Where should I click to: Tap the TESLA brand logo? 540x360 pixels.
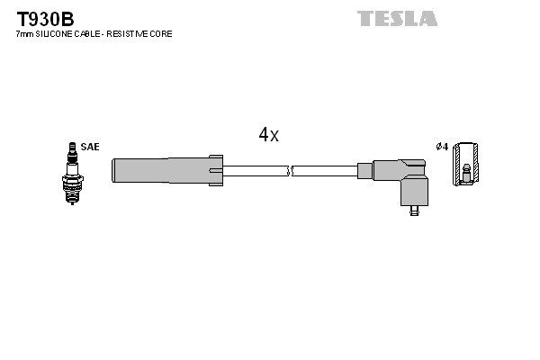(397, 18)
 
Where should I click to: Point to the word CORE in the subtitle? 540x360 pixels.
(160, 33)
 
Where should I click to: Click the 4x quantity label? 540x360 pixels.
(268, 135)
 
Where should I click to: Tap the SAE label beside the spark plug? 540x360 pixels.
(90, 146)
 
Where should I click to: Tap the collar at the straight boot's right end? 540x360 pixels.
(216, 170)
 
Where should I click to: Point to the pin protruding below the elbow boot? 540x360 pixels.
(413, 212)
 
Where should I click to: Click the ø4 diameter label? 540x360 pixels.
(441, 146)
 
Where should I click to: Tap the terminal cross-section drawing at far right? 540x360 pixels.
(465, 164)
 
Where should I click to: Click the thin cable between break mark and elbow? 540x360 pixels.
(324, 170)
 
